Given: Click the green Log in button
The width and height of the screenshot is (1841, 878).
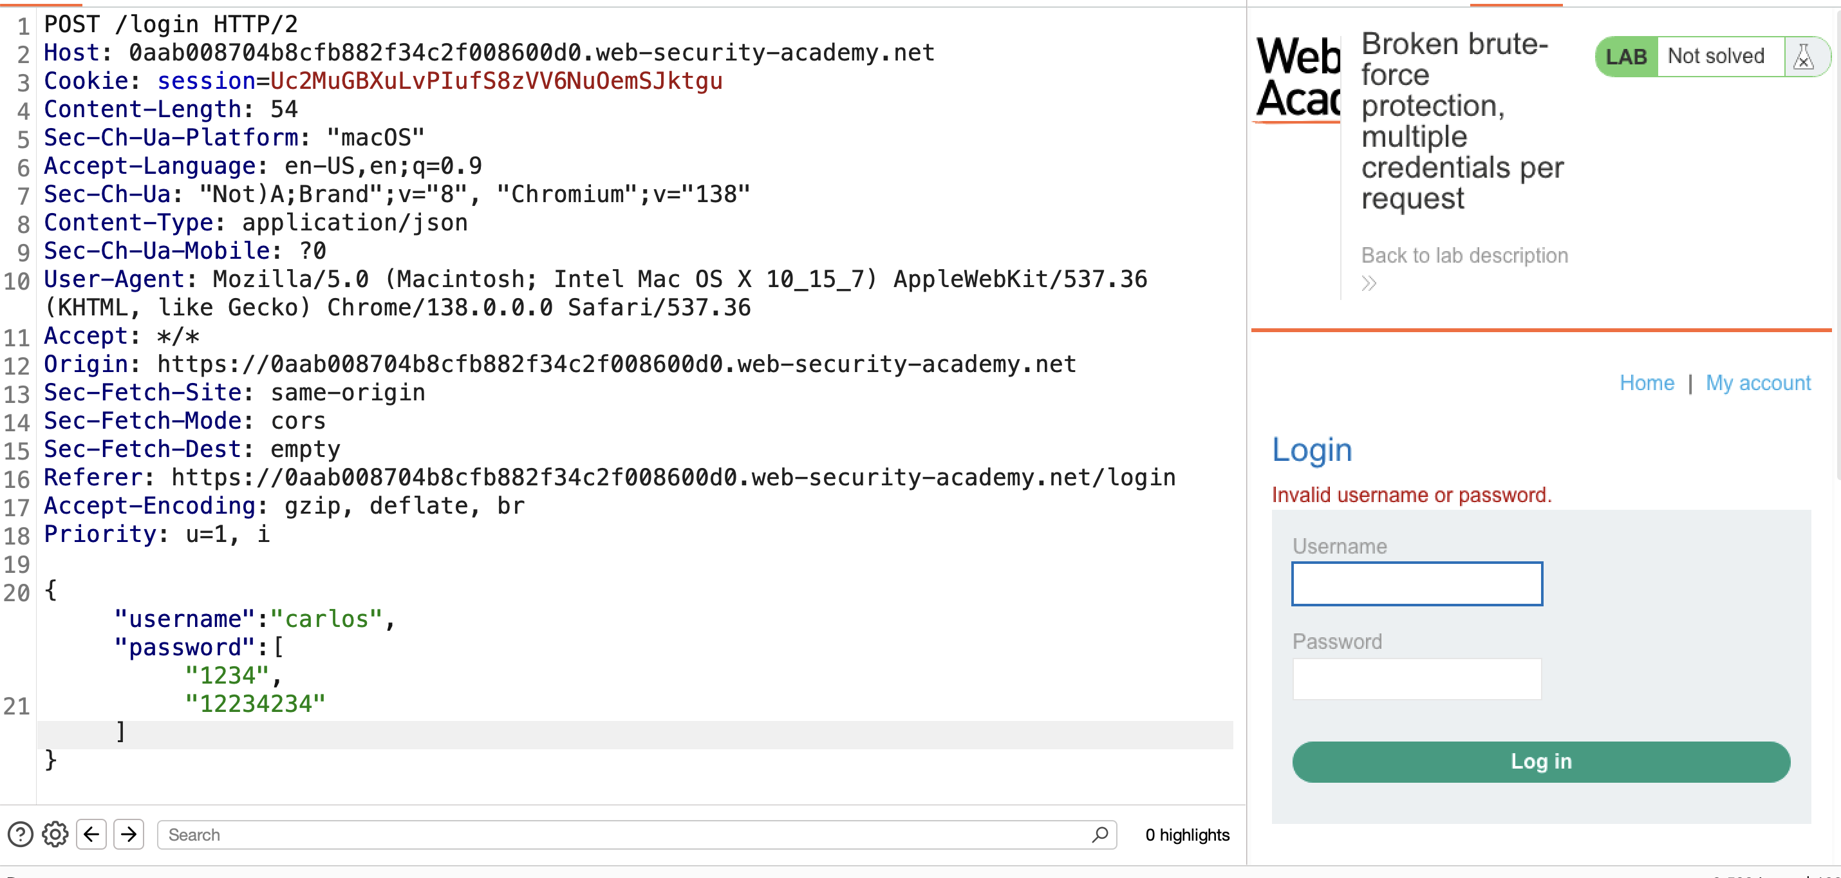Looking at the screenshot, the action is pyautogui.click(x=1541, y=761).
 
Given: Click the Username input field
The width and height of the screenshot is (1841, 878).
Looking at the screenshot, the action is pyautogui.click(x=1417, y=584).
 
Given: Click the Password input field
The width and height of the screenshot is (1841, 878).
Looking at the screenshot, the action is pyautogui.click(x=1417, y=678).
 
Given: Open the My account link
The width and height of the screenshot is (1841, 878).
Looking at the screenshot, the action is pyautogui.click(x=1758, y=383).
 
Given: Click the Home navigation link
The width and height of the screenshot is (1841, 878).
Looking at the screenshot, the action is pyautogui.click(x=1647, y=383).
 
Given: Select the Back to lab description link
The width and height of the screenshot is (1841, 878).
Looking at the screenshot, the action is pyautogui.click(x=1464, y=256).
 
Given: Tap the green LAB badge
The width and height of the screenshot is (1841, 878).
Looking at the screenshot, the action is pyautogui.click(x=1626, y=57).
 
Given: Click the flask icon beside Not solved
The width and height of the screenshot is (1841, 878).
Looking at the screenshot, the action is pyautogui.click(x=1803, y=57).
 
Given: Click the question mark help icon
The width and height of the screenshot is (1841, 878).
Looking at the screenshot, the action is pyautogui.click(x=21, y=834).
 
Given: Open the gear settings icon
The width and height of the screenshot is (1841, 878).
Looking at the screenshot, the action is pyautogui.click(x=55, y=834).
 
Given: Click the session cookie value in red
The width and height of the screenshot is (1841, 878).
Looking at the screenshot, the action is pyautogui.click(x=497, y=80).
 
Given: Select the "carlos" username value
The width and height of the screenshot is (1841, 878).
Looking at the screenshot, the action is pyautogui.click(x=326, y=619).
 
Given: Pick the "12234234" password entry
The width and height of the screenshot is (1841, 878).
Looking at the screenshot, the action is pyautogui.click(x=255, y=704).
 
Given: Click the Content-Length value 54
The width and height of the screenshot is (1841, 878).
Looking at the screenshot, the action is pyautogui.click(x=284, y=109).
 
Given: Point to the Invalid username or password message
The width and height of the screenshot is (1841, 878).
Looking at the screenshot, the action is pyautogui.click(x=1412, y=494).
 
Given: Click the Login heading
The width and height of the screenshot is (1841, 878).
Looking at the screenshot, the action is pyautogui.click(x=1312, y=449).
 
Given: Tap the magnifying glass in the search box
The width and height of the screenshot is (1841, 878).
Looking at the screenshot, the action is pyautogui.click(x=1100, y=834).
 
